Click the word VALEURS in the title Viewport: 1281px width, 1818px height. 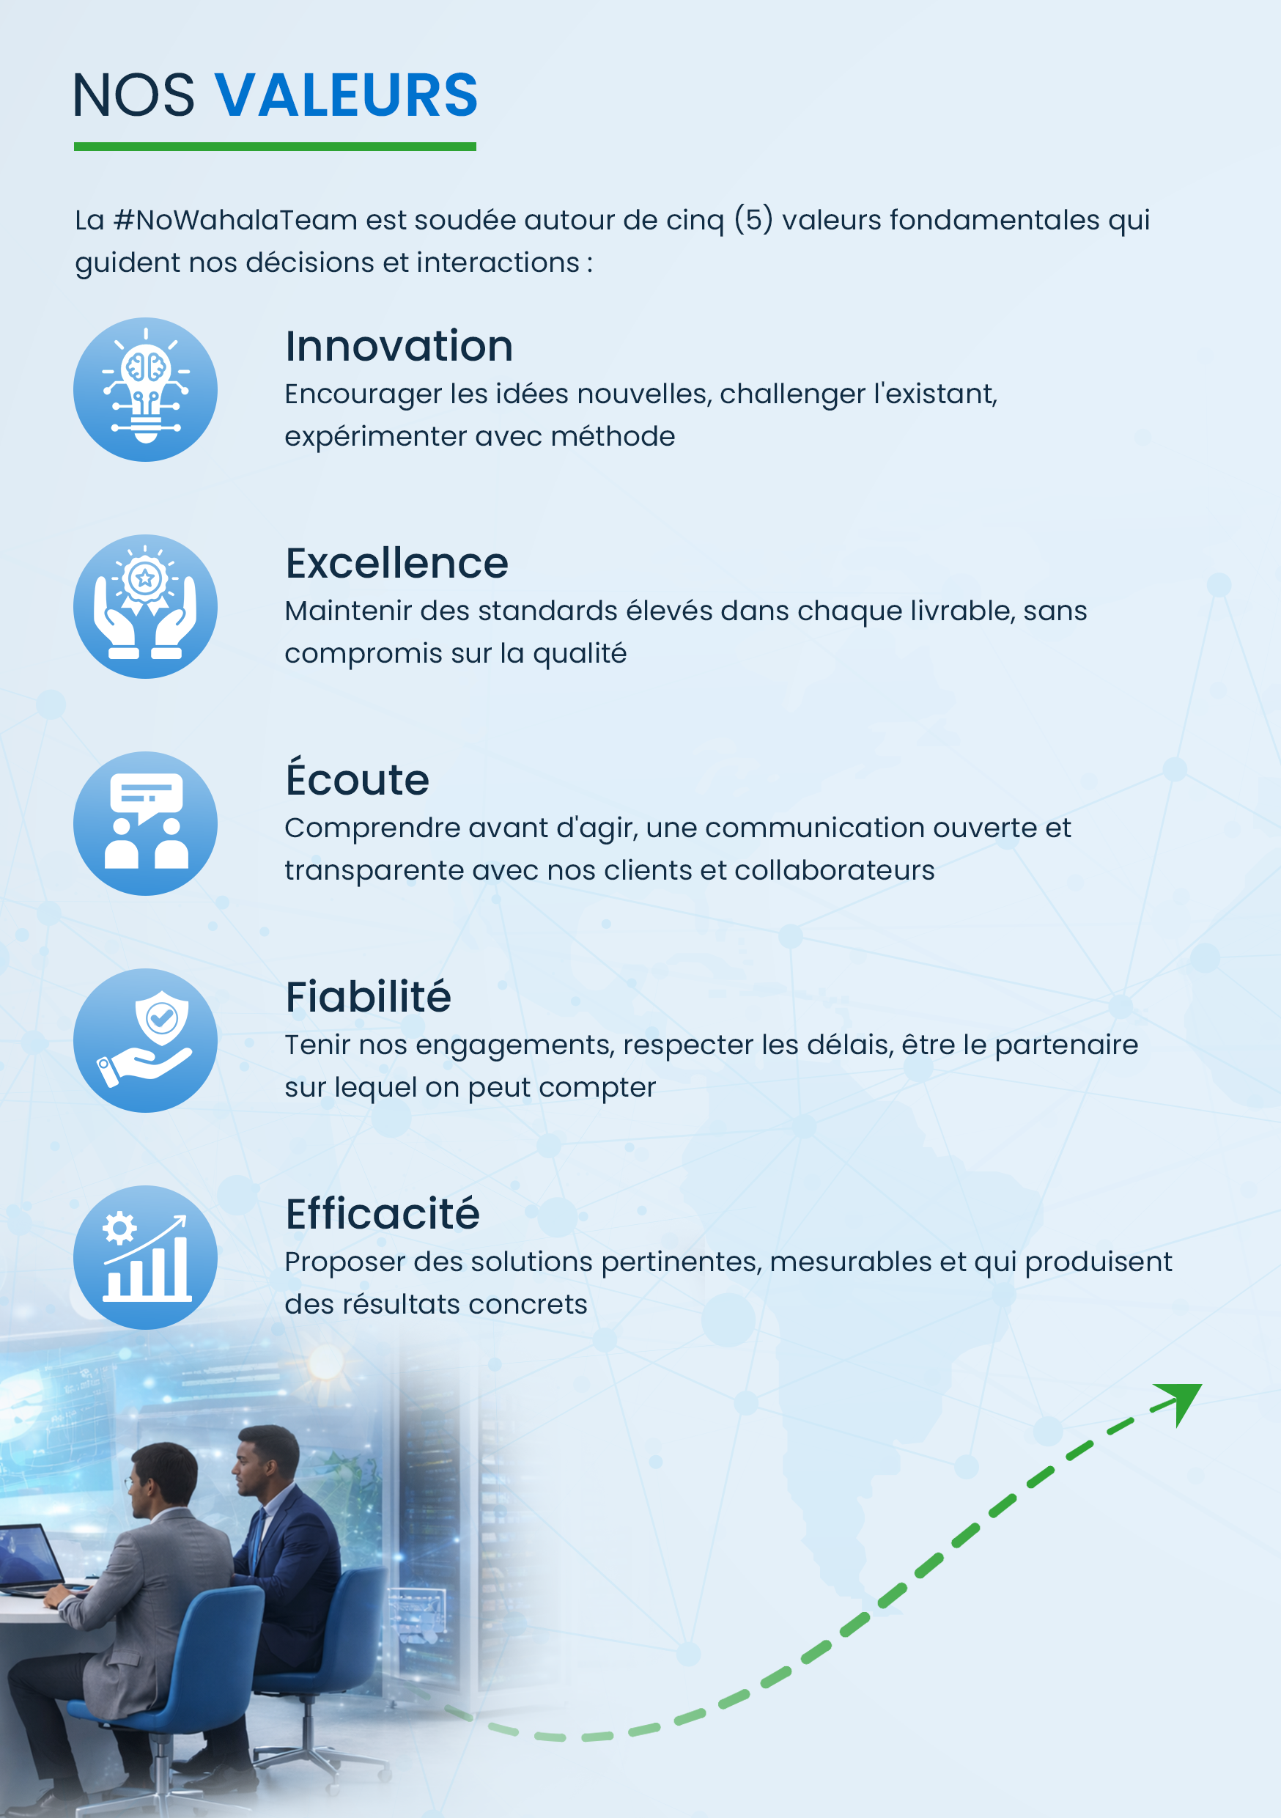click(346, 95)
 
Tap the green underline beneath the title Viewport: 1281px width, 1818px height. click(275, 147)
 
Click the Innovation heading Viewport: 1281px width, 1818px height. click(399, 346)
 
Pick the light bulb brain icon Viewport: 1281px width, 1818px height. click(146, 389)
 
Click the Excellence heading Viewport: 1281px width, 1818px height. click(396, 563)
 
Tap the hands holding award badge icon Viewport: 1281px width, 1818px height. click(146, 606)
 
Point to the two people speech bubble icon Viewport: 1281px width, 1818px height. click(146, 823)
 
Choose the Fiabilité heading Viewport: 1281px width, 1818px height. click(368, 996)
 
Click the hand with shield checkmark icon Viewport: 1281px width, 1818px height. click(146, 1040)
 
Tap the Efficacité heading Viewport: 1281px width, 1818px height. click(383, 1213)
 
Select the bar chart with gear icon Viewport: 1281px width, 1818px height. click(146, 1257)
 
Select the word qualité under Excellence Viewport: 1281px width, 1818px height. click(580, 654)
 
